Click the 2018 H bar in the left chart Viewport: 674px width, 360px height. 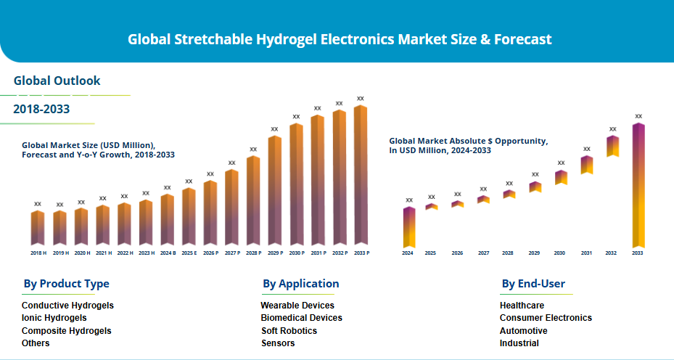[38, 228]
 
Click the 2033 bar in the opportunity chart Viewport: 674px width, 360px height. [638, 186]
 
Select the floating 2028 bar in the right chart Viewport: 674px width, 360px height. [509, 195]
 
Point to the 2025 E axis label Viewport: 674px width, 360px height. [189, 253]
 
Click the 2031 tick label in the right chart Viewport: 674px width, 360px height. [586, 253]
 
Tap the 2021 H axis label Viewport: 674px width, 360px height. [103, 253]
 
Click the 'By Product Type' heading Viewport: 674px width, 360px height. [66, 284]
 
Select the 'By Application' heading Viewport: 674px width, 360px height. [300, 284]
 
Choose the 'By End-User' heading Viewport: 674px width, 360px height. [533, 284]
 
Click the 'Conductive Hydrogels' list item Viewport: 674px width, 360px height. [67, 306]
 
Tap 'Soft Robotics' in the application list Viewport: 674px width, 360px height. [289, 331]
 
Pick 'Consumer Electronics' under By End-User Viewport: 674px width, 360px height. [546, 318]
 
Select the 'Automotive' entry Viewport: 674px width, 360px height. [524, 331]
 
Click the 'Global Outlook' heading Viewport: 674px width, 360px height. [57, 81]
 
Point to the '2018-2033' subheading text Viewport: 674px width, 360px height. [41, 110]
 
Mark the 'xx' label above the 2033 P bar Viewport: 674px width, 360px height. [361, 98]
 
